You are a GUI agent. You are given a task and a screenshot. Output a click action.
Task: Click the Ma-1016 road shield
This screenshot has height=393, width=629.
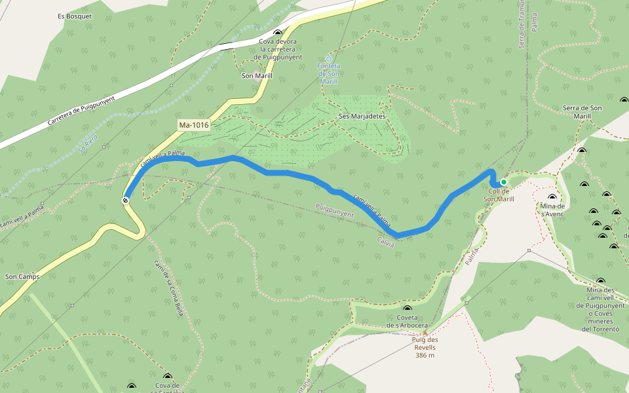coord(193,124)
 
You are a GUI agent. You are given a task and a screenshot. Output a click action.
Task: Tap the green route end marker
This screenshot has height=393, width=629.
coord(504,182)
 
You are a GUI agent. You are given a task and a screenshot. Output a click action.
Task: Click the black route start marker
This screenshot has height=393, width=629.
coord(125,200)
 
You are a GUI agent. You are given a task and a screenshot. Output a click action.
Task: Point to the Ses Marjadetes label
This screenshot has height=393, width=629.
coord(362,116)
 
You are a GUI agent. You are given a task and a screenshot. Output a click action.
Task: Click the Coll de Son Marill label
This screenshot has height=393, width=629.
coord(499,195)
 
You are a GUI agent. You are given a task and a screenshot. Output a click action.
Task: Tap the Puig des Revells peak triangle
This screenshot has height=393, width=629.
coord(424,333)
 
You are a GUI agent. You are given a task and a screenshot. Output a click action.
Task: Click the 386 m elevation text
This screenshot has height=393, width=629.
coord(425,355)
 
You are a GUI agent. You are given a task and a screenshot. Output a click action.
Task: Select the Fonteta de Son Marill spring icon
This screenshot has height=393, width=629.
coord(329,59)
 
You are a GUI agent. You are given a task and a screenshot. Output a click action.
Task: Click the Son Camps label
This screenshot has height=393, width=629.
coord(22,276)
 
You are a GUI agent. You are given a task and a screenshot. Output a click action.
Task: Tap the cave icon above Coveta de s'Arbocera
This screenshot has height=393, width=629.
coord(407,309)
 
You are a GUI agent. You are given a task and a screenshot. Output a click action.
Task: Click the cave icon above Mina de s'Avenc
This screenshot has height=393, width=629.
coord(551,197)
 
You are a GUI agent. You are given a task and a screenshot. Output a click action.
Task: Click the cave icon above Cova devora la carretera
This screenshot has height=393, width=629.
coord(278,33)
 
